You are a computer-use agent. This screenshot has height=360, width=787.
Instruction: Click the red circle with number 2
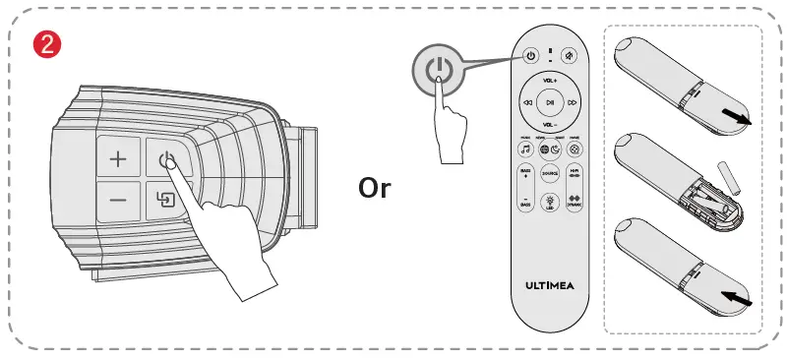pos(44,43)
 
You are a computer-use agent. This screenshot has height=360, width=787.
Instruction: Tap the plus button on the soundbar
pos(118,159)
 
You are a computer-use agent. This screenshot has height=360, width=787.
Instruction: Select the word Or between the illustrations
pos(374,188)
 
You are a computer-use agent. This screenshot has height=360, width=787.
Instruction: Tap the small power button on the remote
pos(529,56)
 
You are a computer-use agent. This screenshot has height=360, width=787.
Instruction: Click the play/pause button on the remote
pos(550,101)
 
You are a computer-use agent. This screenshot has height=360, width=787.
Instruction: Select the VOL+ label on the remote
pos(550,79)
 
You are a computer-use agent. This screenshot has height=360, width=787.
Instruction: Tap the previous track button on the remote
pos(528,101)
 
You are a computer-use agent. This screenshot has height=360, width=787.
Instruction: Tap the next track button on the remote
pos(572,101)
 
